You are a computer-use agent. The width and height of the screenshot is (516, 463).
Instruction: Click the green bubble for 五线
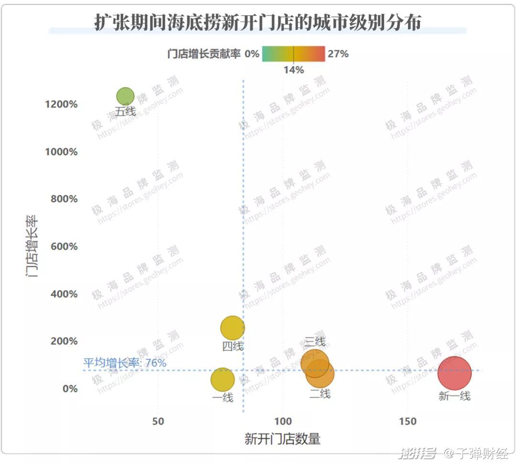(125, 96)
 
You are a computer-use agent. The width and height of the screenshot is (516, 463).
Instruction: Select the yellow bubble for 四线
(233, 328)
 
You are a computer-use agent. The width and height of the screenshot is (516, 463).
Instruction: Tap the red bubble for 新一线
(454, 373)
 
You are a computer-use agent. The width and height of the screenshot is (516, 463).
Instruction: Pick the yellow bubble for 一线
(222, 379)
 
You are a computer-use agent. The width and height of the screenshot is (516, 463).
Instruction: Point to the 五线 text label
(126, 112)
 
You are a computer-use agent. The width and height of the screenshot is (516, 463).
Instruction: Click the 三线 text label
(315, 342)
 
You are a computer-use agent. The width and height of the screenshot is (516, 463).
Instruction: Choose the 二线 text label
(320, 394)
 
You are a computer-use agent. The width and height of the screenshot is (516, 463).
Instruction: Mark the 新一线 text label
(454, 396)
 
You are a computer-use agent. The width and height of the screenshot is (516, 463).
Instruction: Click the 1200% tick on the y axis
(62, 105)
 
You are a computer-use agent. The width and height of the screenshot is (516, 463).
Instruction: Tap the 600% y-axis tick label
(64, 247)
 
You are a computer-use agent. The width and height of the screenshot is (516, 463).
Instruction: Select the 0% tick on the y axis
(69, 389)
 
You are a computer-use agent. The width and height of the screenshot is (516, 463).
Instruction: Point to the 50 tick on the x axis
(158, 421)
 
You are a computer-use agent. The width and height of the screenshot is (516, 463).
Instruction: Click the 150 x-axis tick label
(408, 421)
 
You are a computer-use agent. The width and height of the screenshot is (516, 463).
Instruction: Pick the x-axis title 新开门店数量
(282, 439)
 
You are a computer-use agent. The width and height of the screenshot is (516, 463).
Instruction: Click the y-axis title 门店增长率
(32, 246)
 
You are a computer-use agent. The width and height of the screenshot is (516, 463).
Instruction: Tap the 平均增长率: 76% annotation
(125, 363)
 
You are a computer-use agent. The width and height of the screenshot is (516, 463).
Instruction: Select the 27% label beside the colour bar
(338, 54)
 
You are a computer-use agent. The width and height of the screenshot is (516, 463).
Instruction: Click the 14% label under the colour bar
(293, 70)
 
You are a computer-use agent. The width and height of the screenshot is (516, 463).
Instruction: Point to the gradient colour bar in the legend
(293, 54)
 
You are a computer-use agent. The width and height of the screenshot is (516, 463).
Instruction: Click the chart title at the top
(258, 22)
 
